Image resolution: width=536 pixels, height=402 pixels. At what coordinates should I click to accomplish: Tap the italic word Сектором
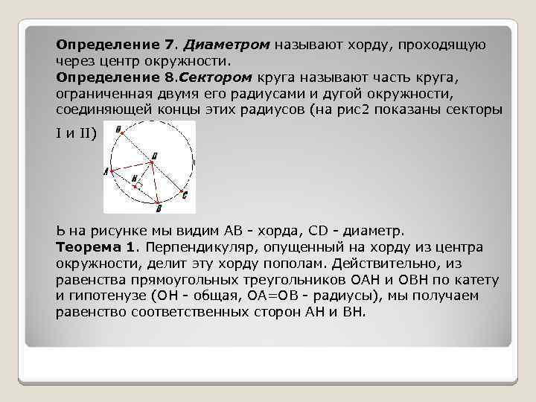coord(218,77)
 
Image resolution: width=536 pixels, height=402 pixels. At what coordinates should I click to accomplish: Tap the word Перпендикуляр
coord(201,246)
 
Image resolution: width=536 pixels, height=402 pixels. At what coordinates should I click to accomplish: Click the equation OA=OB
coord(270,296)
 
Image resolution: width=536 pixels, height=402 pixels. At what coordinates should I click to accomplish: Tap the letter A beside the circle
coord(106,171)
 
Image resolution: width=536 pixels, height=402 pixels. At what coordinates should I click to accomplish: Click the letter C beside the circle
coord(185,195)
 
